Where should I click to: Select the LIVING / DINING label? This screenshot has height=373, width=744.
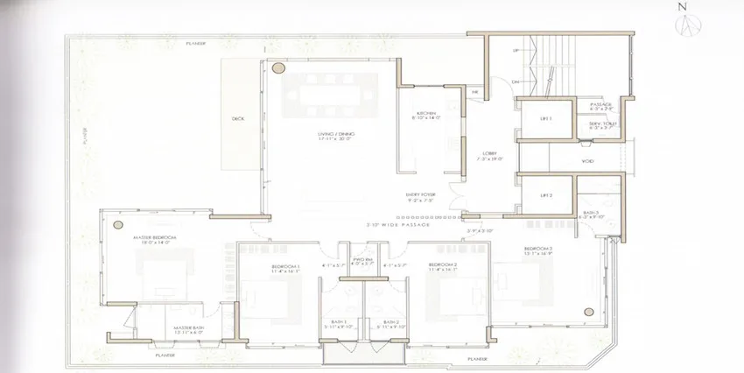click(x=334, y=136)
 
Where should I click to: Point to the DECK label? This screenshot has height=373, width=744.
click(x=237, y=118)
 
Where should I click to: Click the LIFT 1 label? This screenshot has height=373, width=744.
click(x=544, y=118)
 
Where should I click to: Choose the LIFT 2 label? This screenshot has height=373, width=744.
click(x=544, y=194)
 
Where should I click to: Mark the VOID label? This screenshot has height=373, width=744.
click(x=587, y=161)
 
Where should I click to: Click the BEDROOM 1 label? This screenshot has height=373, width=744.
click(x=285, y=265)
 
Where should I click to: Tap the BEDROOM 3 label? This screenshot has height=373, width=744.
click(x=536, y=250)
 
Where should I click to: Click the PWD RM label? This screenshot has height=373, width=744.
click(x=362, y=261)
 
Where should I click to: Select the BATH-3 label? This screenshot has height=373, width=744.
click(x=592, y=213)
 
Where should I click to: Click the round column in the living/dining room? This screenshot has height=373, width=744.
click(x=278, y=67)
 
